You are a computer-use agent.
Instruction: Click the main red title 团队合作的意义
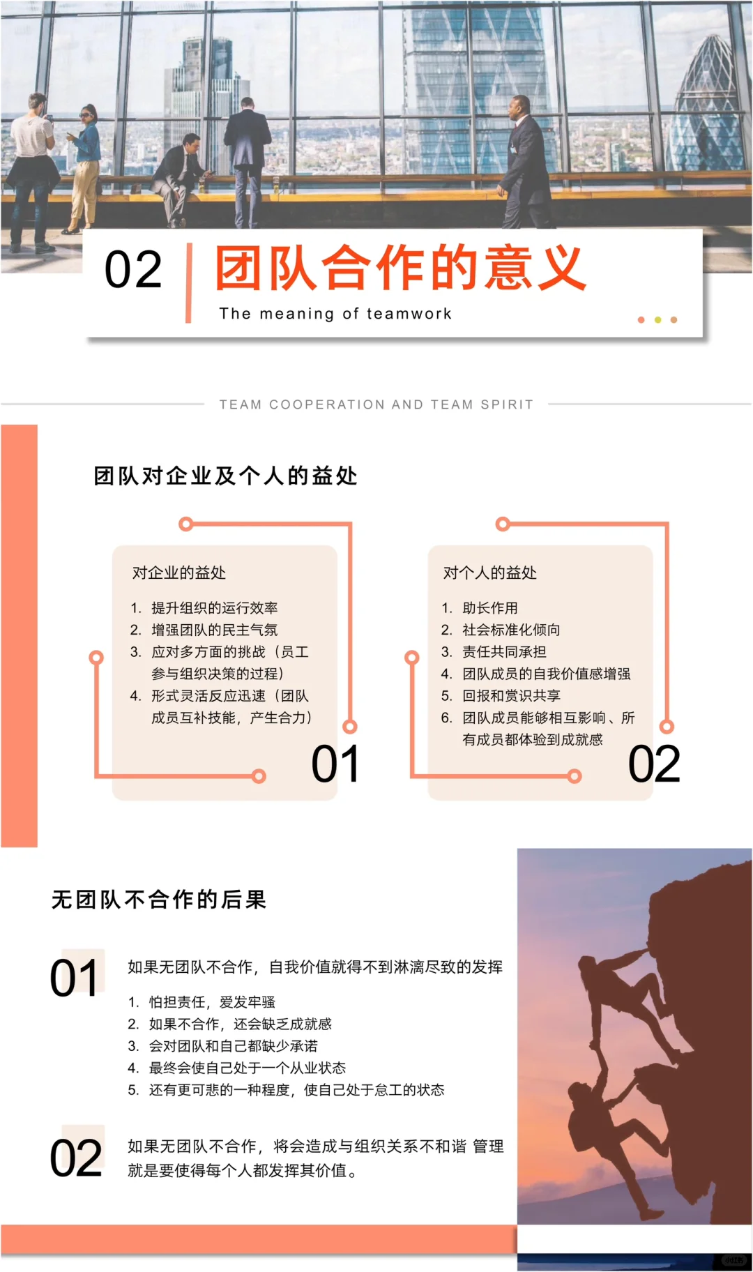[400, 268]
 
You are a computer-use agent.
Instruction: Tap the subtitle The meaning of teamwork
[335, 314]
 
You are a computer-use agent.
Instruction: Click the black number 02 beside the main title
[133, 270]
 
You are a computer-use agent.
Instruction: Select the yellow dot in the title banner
[657, 320]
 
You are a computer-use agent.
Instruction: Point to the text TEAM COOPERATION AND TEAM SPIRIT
[376, 404]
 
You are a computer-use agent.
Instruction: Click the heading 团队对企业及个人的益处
[225, 476]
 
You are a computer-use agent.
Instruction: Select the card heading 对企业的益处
[179, 573]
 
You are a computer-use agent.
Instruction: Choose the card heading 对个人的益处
[490, 573]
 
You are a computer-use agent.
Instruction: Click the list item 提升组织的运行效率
[214, 608]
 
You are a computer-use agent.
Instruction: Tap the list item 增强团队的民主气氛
[214, 630]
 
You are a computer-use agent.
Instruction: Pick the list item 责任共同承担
[504, 652]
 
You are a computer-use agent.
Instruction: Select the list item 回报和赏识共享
[511, 696]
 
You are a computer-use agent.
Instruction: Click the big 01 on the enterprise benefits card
[335, 764]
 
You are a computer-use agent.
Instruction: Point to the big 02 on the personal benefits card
[654, 764]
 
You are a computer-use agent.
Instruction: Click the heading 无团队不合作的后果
[159, 900]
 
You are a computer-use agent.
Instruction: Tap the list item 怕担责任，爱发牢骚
[212, 1002]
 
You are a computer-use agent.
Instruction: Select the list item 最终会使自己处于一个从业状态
[248, 1068]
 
